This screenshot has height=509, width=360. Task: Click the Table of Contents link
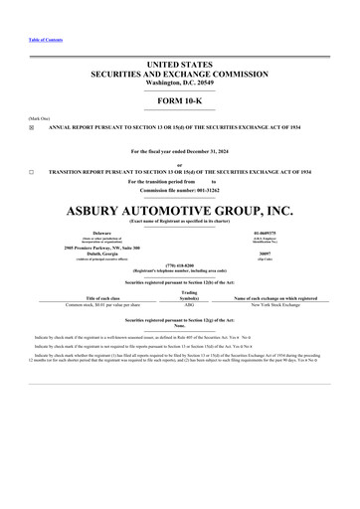(46, 39)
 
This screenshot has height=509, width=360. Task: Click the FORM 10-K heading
(179, 101)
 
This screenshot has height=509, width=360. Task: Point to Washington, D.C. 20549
(179, 82)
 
